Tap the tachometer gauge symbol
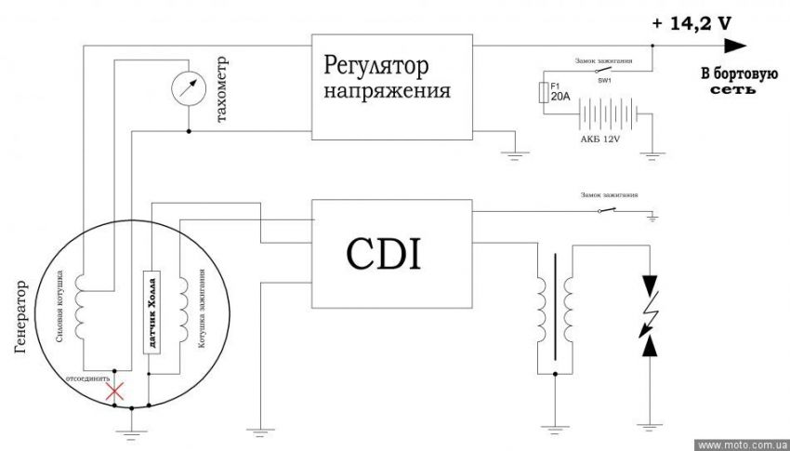(x=191, y=86)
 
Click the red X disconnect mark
(x=115, y=392)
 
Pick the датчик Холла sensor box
(x=149, y=312)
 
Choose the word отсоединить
(x=87, y=379)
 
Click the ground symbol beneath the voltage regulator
(x=509, y=154)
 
